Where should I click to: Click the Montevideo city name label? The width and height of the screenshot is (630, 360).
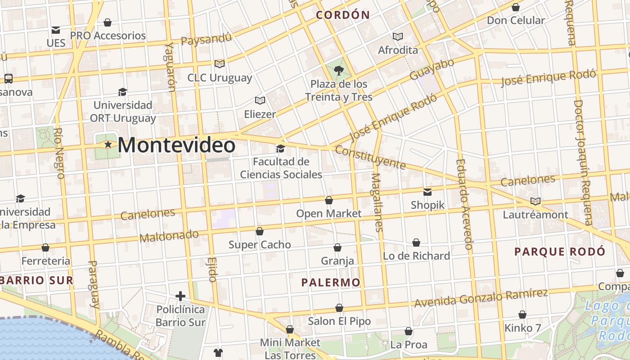pyautogui.click(x=176, y=145)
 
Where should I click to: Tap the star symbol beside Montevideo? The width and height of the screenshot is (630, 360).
pyautogui.click(x=108, y=144)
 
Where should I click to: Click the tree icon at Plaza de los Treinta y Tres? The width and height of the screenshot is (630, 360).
pyautogui.click(x=339, y=70)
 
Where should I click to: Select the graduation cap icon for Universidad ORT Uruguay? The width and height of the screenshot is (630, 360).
pyautogui.click(x=122, y=92)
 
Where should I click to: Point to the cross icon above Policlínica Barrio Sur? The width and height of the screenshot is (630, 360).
pyautogui.click(x=180, y=296)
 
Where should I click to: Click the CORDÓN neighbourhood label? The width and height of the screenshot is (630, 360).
pyautogui.click(x=343, y=15)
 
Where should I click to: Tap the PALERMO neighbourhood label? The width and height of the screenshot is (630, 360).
pyautogui.click(x=331, y=283)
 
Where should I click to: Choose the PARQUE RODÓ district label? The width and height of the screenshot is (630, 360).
pyautogui.click(x=560, y=252)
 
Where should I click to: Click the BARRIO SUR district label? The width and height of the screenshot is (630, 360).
pyautogui.click(x=37, y=280)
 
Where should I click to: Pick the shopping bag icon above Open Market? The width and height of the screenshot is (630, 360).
pyautogui.click(x=329, y=200)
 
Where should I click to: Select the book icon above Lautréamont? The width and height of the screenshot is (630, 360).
pyautogui.click(x=535, y=201)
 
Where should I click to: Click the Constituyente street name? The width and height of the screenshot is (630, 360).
pyautogui.click(x=370, y=157)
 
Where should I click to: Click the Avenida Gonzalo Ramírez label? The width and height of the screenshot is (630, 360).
pyautogui.click(x=481, y=298)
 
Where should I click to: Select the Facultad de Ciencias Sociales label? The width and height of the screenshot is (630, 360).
pyautogui.click(x=281, y=168)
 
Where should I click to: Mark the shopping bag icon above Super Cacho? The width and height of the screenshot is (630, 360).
pyautogui.click(x=260, y=231)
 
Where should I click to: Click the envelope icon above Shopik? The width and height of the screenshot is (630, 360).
pyautogui.click(x=427, y=192)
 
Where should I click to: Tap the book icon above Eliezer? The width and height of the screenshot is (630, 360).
pyautogui.click(x=260, y=100)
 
